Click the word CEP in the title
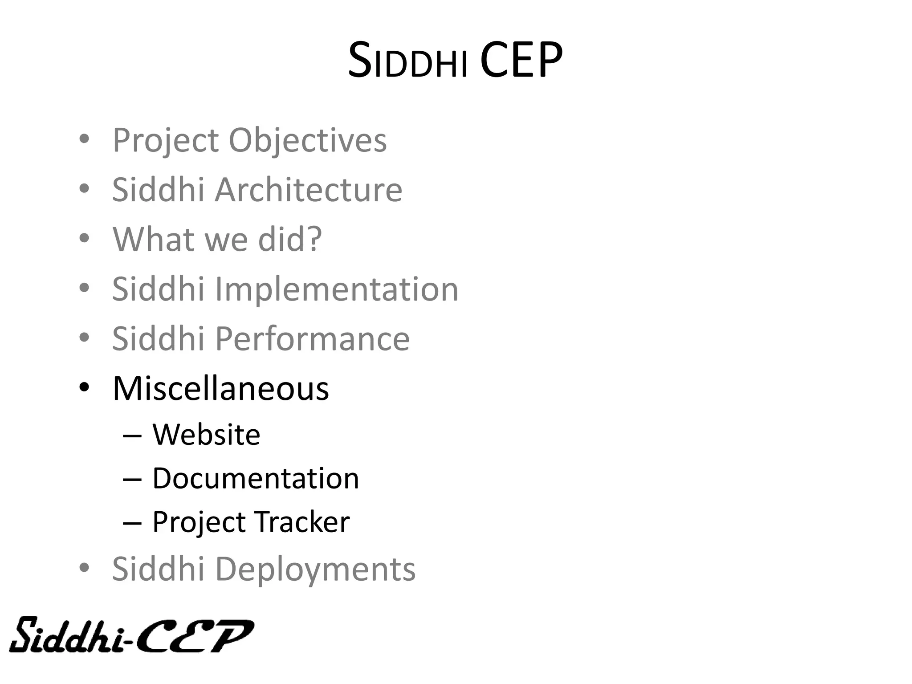[x=521, y=60]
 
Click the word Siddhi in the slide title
[x=407, y=61]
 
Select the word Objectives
[x=308, y=140]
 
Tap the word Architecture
[x=309, y=190]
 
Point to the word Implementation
[x=337, y=289]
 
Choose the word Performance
[x=312, y=339]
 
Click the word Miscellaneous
[x=221, y=388]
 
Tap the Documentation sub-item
[x=256, y=478]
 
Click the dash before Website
[x=132, y=436]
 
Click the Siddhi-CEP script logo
[x=131, y=635]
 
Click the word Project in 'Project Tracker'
[x=199, y=523]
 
